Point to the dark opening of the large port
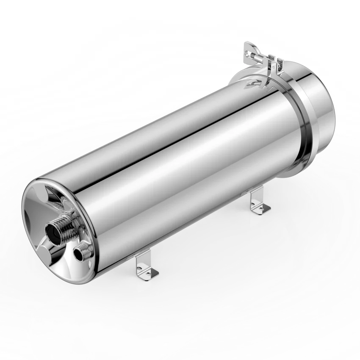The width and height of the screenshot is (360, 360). tap(53, 231)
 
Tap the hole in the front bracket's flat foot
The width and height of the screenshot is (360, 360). tap(152, 273)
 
